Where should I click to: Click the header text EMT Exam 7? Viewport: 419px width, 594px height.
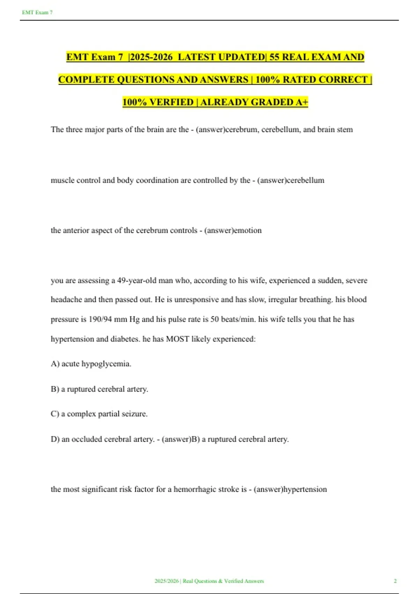tap(37, 13)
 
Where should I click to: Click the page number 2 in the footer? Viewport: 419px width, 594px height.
tap(395, 581)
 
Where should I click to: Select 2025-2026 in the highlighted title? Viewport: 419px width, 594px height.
tap(151, 57)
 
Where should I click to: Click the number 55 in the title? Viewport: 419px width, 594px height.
tap(274, 57)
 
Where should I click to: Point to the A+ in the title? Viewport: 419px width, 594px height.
tap(302, 102)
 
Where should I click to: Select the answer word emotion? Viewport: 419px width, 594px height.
tap(248, 231)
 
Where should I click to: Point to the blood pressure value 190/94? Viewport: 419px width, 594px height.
tap(100, 319)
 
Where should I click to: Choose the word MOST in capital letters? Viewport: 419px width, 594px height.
tap(177, 339)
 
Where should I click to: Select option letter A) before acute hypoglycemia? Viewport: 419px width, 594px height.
tap(55, 364)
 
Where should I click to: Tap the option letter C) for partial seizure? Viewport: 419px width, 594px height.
tap(55, 414)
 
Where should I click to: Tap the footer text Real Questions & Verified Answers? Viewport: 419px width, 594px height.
tap(223, 581)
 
